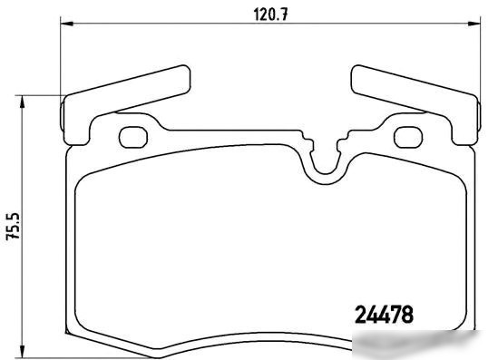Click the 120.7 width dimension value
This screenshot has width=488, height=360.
pyautogui.click(x=270, y=15)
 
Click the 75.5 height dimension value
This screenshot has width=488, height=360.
pyautogui.click(x=13, y=226)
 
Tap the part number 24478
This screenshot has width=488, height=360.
pyautogui.click(x=384, y=315)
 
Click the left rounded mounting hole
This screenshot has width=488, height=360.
pyautogui.click(x=133, y=137)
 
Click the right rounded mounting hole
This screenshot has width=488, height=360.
pyautogui.click(x=408, y=137)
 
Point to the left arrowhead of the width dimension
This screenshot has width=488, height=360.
pyautogui.click(x=66, y=24)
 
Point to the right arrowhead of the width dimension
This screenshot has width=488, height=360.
pyautogui.click(x=474, y=24)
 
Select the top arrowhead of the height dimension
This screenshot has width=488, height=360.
pyautogui.click(x=22, y=102)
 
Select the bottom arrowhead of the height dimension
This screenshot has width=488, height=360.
pyautogui.click(x=22, y=351)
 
